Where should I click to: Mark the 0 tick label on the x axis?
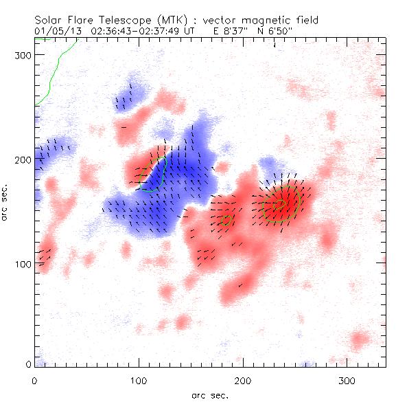click(x=34, y=380)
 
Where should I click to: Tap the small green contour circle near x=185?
click(x=229, y=220)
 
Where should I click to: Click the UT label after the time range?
click(x=196, y=31)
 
